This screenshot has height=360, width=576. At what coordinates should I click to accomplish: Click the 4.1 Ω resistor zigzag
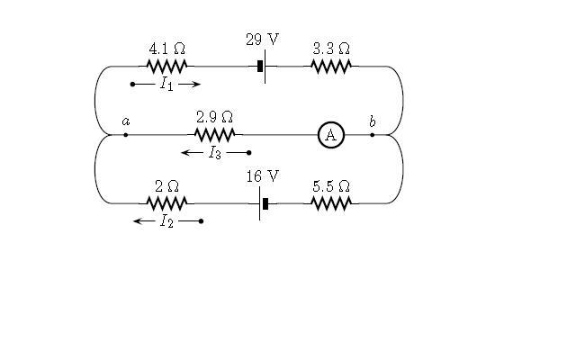point(166,67)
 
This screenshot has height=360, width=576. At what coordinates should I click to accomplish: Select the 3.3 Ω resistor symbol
point(331,67)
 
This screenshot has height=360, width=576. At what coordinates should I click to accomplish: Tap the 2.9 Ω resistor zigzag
point(214,135)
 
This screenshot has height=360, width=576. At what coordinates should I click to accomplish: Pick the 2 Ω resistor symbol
point(166,203)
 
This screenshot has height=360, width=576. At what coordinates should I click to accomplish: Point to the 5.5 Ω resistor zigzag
point(331,203)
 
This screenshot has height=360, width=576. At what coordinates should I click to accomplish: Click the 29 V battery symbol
point(262,67)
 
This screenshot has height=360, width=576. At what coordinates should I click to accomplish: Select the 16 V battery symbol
point(263,203)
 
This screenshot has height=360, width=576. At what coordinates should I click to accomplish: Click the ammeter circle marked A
point(331,135)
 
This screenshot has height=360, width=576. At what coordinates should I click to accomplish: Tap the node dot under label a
point(126,135)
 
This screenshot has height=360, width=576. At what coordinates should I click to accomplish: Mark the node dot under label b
point(372,135)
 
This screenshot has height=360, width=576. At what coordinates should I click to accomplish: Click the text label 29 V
point(262,40)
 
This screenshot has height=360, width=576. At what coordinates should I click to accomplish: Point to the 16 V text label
point(263,176)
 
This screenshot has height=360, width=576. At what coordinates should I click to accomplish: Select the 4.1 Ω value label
point(167,49)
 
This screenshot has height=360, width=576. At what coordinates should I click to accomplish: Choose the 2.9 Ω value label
point(214,117)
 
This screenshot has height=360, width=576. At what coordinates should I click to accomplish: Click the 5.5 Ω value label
point(331,186)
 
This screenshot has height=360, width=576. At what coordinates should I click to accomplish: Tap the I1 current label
point(166,84)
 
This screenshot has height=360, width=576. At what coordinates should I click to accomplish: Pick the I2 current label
point(166,221)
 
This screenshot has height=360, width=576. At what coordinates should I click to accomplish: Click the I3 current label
point(215,152)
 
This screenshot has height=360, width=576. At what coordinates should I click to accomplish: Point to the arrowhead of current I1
point(197,84)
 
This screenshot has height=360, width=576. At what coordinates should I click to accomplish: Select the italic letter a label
point(126,121)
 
